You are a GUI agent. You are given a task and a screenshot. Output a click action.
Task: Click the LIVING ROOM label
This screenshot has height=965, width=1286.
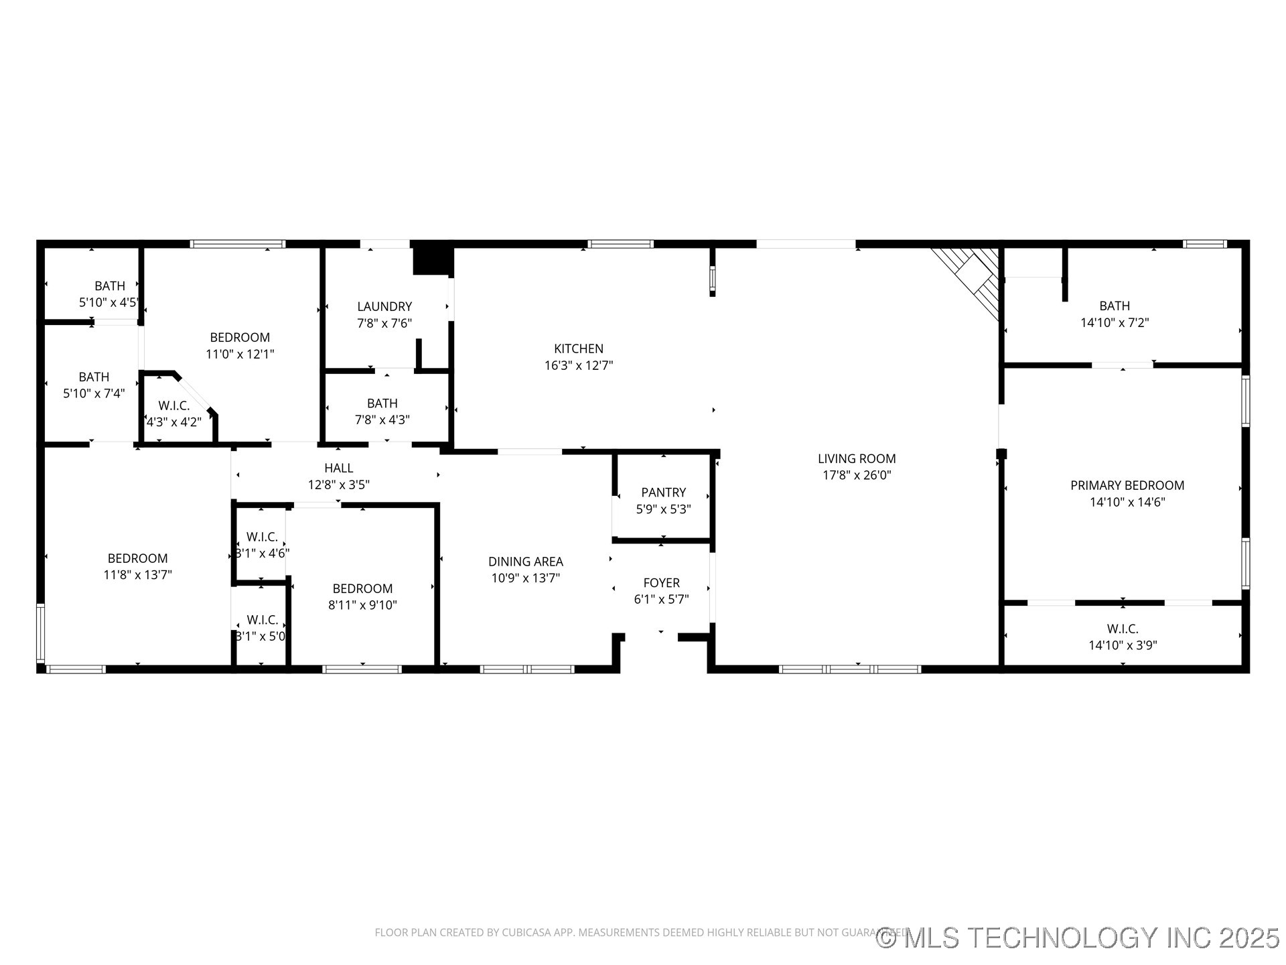(x=856, y=458)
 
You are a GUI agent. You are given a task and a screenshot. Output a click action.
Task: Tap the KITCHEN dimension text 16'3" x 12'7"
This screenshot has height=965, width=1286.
(x=578, y=365)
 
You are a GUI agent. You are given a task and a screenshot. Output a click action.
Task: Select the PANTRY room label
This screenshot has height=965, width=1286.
(x=663, y=493)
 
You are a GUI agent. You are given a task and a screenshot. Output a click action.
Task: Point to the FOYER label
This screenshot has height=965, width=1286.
(x=661, y=583)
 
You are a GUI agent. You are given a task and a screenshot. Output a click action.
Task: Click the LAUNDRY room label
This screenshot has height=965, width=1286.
(x=384, y=306)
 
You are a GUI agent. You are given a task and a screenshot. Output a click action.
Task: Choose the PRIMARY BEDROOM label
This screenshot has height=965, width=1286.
(x=1127, y=485)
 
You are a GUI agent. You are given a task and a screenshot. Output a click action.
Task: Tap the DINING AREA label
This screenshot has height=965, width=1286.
(x=525, y=562)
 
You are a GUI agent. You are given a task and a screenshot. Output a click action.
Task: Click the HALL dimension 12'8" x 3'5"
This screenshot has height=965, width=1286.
(x=338, y=485)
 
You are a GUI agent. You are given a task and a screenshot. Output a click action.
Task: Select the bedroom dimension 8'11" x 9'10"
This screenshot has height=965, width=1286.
(x=362, y=605)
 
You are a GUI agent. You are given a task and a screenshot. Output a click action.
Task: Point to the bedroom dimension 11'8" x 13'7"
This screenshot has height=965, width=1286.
(x=137, y=575)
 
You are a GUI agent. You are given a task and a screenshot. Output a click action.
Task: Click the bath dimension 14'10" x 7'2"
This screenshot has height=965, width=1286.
(x=1114, y=322)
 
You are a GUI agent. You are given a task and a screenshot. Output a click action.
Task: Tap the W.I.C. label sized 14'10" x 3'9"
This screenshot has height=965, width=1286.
(x=1122, y=629)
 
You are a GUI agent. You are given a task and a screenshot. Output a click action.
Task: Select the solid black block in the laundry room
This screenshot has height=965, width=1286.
(x=432, y=259)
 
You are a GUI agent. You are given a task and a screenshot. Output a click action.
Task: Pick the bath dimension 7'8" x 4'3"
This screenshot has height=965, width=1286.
(x=382, y=420)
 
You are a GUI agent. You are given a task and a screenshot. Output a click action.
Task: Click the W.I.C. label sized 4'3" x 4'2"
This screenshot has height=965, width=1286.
(x=173, y=405)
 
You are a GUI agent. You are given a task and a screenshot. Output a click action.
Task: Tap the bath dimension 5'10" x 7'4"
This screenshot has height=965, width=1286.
(x=94, y=393)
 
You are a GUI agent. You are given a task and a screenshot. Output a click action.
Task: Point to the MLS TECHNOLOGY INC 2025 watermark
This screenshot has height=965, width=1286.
(x=1078, y=938)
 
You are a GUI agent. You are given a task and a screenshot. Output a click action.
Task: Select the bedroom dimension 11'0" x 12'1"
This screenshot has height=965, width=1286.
(x=240, y=354)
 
